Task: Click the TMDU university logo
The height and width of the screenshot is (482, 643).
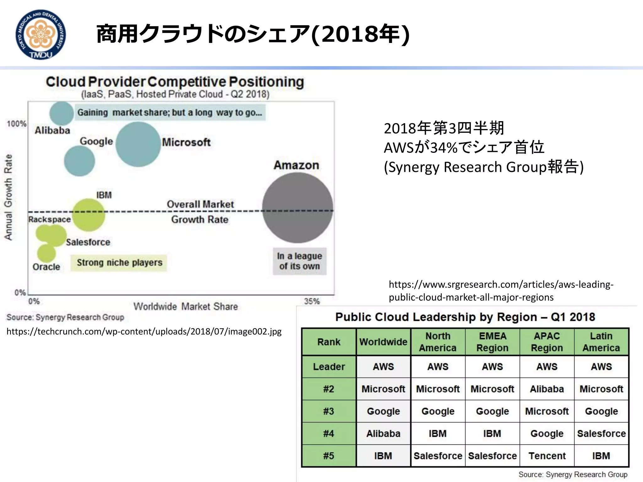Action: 41,34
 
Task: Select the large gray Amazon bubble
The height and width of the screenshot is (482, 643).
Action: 297,208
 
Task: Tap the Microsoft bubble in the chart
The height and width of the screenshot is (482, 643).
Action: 138,144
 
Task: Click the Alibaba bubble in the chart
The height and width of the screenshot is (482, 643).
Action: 62,113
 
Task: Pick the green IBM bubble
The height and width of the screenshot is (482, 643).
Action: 89,215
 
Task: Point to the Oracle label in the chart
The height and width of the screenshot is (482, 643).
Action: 46,267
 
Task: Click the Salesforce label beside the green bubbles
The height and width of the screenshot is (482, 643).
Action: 88,242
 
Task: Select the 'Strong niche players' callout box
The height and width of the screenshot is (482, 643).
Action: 119,263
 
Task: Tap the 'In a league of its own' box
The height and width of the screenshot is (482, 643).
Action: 300,261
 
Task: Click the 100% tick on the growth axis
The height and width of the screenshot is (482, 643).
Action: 17,124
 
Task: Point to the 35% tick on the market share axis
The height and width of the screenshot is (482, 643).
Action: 312,302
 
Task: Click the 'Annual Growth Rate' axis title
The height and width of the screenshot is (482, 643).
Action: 8,197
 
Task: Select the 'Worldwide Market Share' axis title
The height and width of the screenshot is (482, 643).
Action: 186,306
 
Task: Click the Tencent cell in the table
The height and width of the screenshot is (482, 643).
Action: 547,456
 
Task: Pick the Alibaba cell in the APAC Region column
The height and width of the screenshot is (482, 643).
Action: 547,389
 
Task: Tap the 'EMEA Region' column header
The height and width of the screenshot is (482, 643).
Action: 492,342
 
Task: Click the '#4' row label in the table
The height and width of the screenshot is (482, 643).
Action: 329,433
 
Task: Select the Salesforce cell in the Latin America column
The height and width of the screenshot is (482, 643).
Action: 601,433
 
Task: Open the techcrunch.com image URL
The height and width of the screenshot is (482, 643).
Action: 144,331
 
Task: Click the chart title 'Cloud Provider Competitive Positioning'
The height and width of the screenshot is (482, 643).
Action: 175,82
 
